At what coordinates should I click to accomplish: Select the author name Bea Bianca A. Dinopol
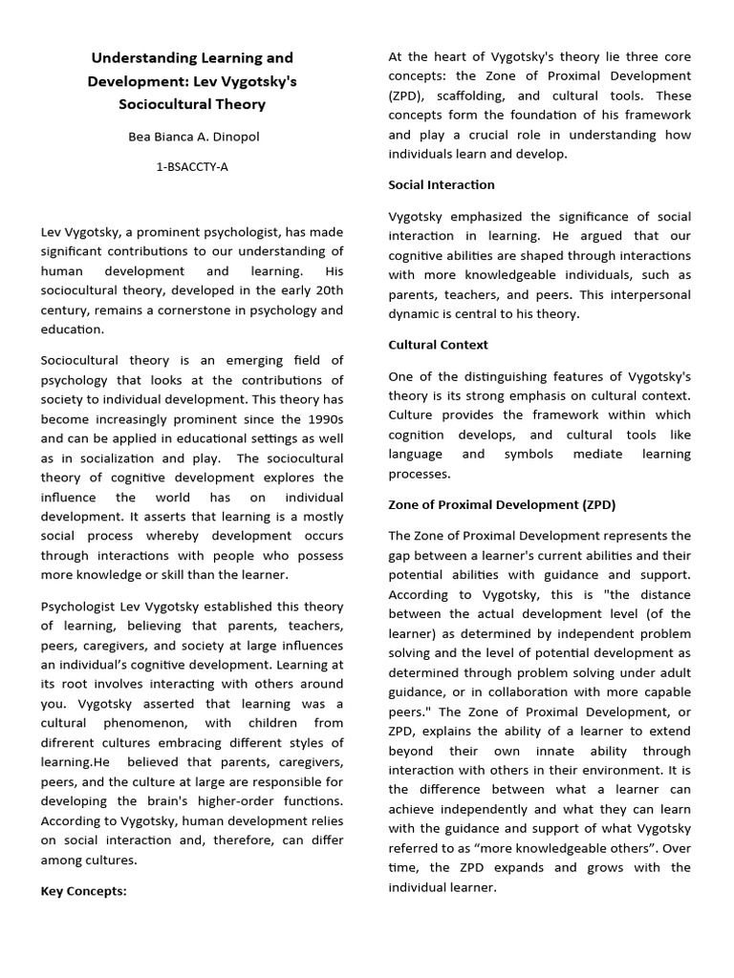pyautogui.click(x=193, y=137)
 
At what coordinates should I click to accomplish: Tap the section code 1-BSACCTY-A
pyautogui.click(x=192, y=166)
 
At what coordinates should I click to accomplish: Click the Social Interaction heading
pyautogui.click(x=442, y=184)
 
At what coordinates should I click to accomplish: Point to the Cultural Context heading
pyautogui.click(x=438, y=344)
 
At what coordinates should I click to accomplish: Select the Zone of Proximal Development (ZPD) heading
pyautogui.click(x=502, y=503)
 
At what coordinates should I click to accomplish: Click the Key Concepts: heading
pyautogui.click(x=84, y=891)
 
